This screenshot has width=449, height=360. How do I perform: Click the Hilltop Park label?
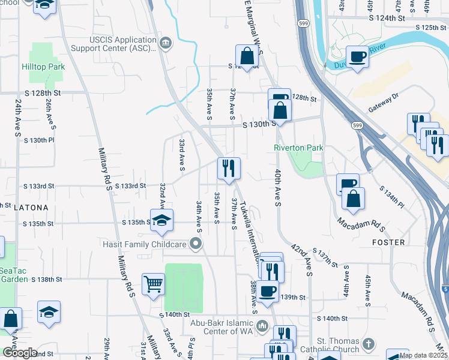[x=43, y=67]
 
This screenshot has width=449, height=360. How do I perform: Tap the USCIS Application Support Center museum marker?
[x=166, y=42]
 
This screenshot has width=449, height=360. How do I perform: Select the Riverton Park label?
[x=298, y=148]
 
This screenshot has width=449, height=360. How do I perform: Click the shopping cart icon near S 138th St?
[x=154, y=284]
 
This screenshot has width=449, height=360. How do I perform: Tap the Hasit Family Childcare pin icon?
[x=195, y=243]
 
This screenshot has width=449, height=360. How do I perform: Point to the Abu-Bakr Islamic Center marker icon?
[x=262, y=326]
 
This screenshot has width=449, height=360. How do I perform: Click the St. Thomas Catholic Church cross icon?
[x=369, y=344]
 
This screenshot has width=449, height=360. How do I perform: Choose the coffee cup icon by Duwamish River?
[x=358, y=56]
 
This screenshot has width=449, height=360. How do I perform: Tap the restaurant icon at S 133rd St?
[x=228, y=168]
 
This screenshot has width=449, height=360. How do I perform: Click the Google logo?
[x=19, y=352]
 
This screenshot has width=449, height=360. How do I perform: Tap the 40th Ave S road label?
[x=277, y=188]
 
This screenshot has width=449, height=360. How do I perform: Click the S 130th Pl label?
[x=38, y=140]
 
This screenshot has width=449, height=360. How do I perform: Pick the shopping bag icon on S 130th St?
[x=280, y=110]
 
